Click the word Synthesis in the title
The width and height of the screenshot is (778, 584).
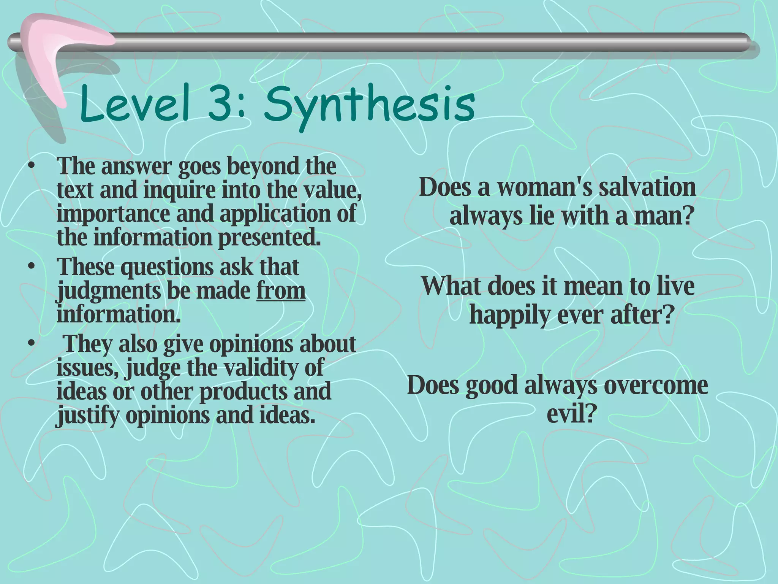pyautogui.click(x=368, y=104)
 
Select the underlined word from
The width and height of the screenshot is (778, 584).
pyautogui.click(x=281, y=290)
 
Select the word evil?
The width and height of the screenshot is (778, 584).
pyautogui.click(x=570, y=413)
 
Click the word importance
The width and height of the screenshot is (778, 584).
pyautogui.click(x=113, y=213)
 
